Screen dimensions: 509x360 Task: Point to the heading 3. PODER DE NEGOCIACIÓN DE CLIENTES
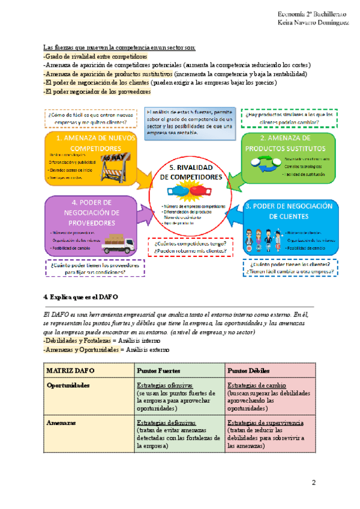pos(288,211)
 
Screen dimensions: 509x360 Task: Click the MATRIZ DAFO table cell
pos(70,369)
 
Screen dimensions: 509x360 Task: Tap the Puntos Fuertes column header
pos(156,369)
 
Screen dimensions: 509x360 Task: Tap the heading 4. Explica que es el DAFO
pos(81,297)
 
